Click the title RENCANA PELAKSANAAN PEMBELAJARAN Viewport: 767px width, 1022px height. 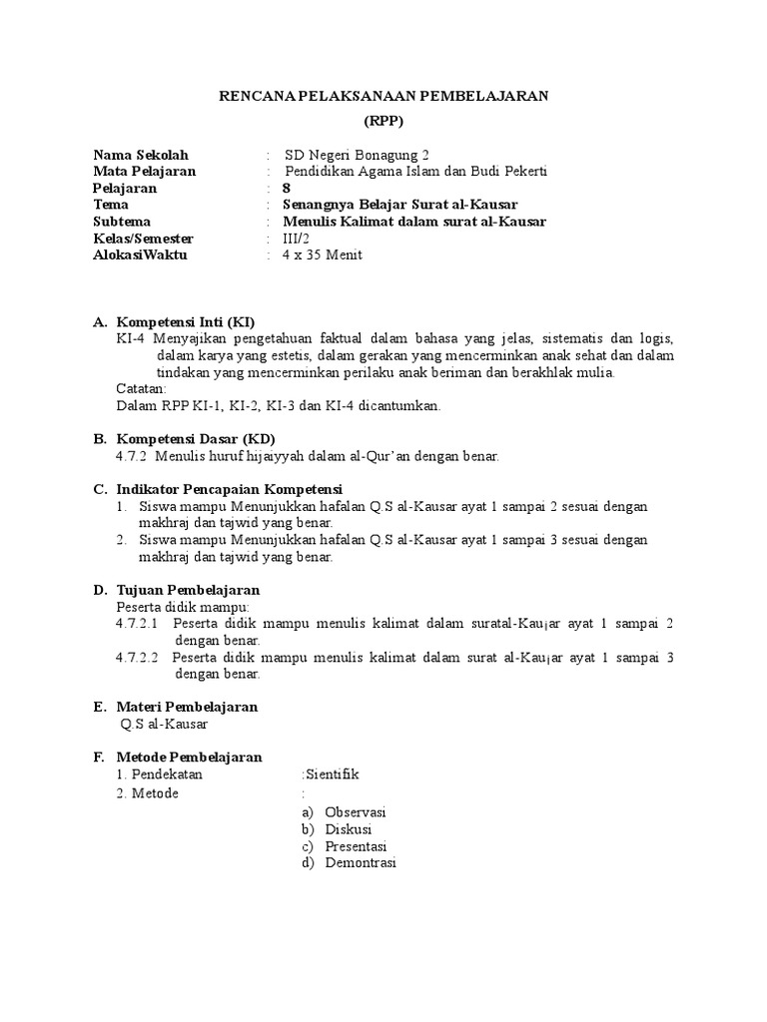pos(383,96)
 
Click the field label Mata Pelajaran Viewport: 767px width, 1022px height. pos(144,171)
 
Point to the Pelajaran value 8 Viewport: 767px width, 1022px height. pos(288,188)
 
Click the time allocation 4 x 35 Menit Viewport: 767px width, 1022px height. pos(323,255)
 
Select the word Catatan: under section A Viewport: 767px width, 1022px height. pos(142,389)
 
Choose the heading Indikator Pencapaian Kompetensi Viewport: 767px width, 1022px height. pos(230,489)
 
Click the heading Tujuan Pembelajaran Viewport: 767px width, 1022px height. pos(189,590)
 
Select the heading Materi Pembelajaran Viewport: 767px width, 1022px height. pos(188,707)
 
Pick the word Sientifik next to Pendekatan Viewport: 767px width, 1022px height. pos(331,774)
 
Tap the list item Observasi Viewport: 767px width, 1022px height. pos(356,812)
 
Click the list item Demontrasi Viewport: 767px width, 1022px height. pos(361,863)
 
